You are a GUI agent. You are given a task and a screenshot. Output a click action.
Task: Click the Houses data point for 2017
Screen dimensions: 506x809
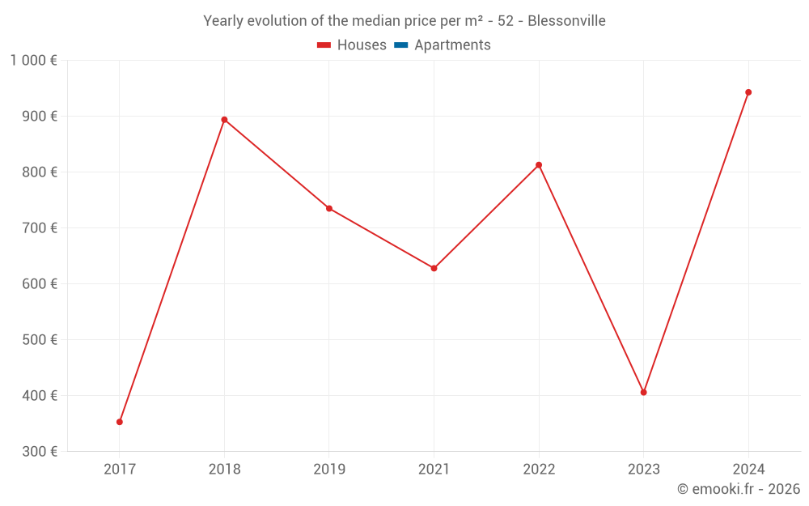coord(120,422)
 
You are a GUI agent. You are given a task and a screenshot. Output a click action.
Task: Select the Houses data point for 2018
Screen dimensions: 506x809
coord(224,120)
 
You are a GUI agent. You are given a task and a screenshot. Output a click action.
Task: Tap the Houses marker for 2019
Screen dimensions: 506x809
coord(329,208)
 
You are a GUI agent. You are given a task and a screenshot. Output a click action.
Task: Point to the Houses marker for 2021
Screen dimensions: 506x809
coord(434,268)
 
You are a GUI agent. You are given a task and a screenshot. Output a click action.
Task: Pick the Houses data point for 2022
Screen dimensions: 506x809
coord(539,165)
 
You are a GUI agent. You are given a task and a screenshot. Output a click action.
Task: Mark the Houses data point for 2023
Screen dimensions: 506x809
coord(643,393)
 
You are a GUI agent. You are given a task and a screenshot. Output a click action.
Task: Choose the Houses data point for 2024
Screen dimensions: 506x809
coord(748,92)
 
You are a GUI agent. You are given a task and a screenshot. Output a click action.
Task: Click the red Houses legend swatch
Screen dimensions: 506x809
coord(324,45)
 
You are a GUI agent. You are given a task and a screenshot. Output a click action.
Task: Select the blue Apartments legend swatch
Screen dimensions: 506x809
coord(401,45)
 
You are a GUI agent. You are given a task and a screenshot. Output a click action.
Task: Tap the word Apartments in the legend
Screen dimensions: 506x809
coord(452,45)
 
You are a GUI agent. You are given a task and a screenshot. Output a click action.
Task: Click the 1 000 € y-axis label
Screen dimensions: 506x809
coord(33,60)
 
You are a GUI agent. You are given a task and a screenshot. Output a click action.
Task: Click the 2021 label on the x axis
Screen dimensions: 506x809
coord(434,469)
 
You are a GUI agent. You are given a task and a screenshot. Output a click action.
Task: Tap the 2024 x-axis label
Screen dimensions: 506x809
coord(748,469)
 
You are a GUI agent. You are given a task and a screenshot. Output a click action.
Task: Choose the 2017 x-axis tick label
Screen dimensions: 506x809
coord(120,469)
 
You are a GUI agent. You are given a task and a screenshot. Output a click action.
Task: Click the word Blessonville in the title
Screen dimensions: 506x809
coord(566,21)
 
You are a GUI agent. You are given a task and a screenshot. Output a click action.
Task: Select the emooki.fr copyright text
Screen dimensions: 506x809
coord(739,489)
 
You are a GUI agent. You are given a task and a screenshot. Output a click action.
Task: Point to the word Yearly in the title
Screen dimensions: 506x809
coord(223,21)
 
